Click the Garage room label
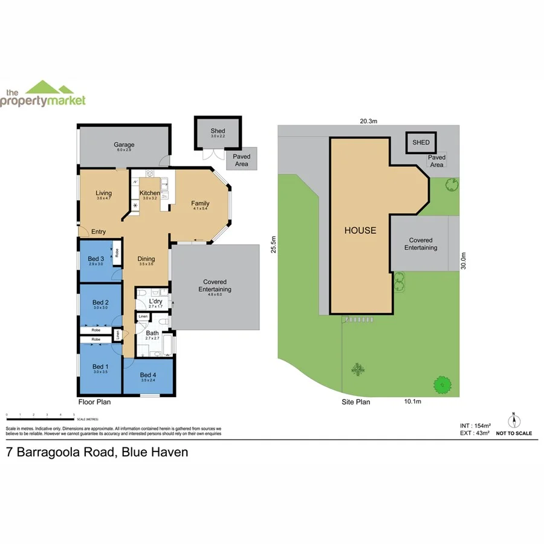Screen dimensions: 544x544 click(x=124, y=144)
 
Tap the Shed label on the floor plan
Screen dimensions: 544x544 click(x=218, y=131)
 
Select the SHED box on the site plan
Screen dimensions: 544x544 click(x=421, y=143)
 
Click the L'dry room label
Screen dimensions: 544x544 click(x=155, y=301)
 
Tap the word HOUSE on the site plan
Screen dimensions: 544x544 click(x=360, y=230)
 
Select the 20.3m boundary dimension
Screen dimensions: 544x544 click(x=368, y=121)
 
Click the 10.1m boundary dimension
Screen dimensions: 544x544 click(x=412, y=401)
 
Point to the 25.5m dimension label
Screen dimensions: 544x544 click(x=273, y=246)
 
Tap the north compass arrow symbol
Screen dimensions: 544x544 click(x=514, y=421)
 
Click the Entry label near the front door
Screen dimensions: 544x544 click(x=99, y=232)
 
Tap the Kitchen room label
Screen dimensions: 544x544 click(x=149, y=193)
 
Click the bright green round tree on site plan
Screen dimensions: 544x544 click(x=443, y=383)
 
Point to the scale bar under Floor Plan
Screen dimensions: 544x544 click(x=40, y=415)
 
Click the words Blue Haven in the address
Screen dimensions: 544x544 click(x=155, y=452)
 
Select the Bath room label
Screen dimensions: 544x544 click(x=152, y=333)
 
